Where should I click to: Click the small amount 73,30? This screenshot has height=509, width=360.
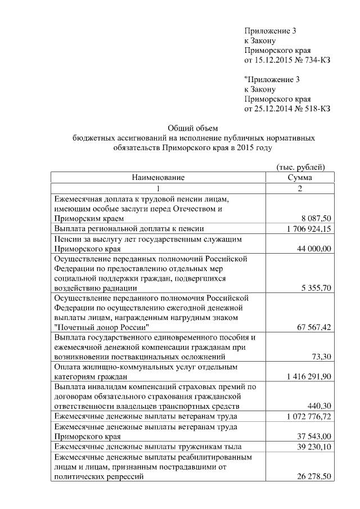coord(321,357)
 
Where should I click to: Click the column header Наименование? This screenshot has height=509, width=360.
coord(158,178)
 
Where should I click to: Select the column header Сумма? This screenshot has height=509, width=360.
coord(299,178)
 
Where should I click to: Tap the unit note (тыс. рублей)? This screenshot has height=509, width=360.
coord(300,167)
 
